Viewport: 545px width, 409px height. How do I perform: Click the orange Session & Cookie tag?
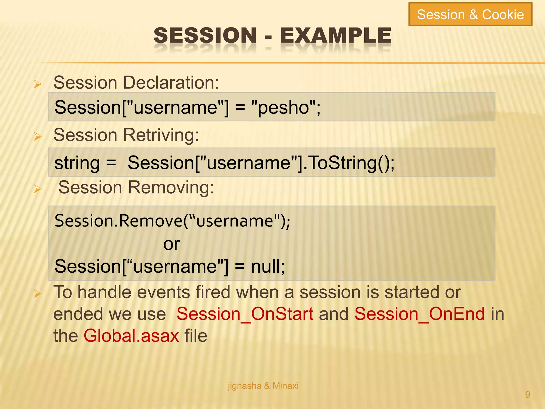point(470,14)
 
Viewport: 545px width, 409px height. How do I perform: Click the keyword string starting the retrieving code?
point(77,163)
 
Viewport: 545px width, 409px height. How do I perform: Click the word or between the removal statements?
point(172,244)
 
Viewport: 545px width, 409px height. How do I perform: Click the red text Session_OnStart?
point(245,314)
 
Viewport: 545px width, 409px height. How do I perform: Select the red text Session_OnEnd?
point(419,314)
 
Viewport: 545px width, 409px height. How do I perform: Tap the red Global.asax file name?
point(131,336)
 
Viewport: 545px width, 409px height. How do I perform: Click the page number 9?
point(527,394)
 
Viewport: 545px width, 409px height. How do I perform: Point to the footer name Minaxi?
point(286,386)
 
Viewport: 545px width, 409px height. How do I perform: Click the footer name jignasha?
point(244,386)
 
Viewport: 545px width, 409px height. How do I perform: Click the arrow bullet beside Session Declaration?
point(38,85)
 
